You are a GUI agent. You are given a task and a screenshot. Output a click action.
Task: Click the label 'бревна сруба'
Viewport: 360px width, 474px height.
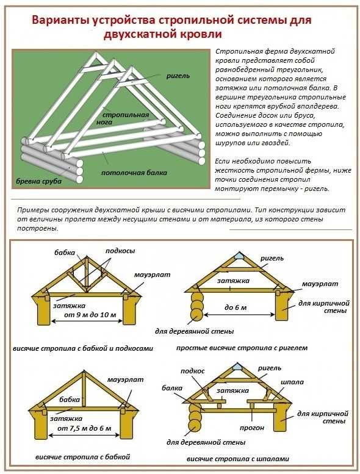point(38,181)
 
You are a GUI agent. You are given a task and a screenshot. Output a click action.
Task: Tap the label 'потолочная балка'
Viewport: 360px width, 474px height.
point(134,173)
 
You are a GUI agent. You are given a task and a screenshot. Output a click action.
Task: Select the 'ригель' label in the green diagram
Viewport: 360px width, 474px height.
point(178,76)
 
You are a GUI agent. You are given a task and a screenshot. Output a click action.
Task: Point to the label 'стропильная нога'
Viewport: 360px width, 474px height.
point(126,118)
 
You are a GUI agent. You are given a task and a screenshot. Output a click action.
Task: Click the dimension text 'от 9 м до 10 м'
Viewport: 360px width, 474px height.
point(90,315)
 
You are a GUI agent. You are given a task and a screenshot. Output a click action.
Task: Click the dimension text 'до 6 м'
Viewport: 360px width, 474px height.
point(236,307)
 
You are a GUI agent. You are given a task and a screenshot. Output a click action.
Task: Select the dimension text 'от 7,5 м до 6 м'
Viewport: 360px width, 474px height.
point(84,428)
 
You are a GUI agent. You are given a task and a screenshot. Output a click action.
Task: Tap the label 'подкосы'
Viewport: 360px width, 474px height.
point(120,251)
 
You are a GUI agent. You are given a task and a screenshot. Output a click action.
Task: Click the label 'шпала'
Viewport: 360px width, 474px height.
point(292,382)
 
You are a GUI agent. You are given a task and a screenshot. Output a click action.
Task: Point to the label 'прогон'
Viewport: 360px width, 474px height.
point(252,428)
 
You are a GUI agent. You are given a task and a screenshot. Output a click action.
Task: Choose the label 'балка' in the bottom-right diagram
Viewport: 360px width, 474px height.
point(171,388)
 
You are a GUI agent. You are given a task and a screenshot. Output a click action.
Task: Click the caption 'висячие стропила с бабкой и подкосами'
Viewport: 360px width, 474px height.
point(83,348)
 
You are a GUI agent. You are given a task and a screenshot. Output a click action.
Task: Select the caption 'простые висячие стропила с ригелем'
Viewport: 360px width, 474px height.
point(242,348)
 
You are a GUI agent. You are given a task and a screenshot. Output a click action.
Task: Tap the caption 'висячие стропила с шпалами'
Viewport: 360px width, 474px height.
point(237,459)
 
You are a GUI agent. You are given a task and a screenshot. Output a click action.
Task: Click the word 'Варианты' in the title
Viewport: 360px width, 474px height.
point(59,21)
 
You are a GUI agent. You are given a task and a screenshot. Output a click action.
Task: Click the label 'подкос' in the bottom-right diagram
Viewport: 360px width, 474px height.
point(193,371)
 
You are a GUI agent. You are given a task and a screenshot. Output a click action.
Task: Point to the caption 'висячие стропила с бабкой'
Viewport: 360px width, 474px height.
point(82,456)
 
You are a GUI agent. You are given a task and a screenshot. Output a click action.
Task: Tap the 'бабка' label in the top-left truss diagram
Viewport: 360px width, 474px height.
point(65,252)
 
